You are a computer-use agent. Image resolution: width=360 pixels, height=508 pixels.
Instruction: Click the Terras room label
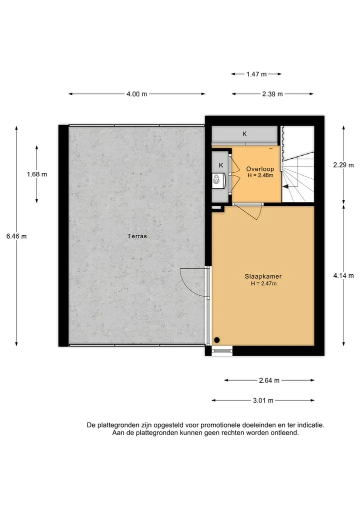point(137,236)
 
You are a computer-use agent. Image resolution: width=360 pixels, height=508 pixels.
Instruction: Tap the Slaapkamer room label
point(263,276)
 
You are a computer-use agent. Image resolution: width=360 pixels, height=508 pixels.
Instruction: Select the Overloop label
point(260,169)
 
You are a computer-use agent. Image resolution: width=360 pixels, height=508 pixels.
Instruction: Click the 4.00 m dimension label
point(136,94)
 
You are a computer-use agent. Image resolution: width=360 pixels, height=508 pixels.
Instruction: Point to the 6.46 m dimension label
point(16,236)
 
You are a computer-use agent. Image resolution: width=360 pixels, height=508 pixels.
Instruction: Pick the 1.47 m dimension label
point(256,74)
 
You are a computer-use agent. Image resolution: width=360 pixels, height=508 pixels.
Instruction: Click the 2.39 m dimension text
point(272,94)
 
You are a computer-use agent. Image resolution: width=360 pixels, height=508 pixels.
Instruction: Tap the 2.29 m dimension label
point(343,165)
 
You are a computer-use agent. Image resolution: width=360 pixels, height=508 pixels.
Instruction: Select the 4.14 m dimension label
point(343,276)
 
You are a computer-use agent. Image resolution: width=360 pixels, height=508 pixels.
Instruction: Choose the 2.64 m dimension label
point(269,380)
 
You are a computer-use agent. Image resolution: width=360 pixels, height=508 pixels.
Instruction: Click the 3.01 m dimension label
point(263,401)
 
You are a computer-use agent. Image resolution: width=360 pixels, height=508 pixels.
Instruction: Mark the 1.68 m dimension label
point(37,174)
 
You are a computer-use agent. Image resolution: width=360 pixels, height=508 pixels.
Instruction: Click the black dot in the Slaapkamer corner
point(217,340)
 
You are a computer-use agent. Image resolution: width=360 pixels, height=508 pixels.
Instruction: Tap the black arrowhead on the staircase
point(285,186)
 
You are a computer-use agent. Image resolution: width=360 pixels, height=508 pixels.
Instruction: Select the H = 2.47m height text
point(263,284)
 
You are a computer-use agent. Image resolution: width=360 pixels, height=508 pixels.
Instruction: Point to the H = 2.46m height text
point(260,176)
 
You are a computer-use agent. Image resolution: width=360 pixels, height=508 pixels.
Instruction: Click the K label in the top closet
point(244,134)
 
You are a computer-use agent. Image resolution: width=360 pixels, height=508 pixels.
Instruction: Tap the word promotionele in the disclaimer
point(219,425)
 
